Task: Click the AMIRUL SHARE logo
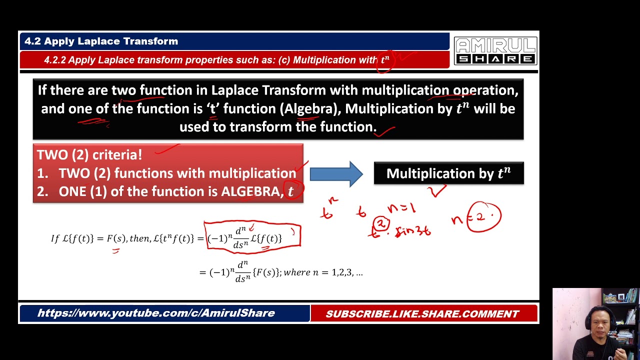(495, 51)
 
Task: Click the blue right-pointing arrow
(336, 174)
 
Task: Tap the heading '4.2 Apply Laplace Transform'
(101, 41)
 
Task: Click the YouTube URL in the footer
(156, 313)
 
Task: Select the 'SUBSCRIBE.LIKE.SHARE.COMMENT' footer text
(422, 314)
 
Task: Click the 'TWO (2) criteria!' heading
(89, 155)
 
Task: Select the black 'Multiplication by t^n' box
(448, 173)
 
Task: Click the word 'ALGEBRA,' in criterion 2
(250, 192)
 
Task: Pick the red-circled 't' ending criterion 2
(291, 191)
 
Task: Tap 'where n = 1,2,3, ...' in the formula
(323, 272)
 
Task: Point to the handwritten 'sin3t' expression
(413, 231)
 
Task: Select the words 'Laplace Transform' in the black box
(270, 90)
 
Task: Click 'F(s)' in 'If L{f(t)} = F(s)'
(116, 238)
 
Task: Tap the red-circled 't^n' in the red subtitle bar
(385, 60)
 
